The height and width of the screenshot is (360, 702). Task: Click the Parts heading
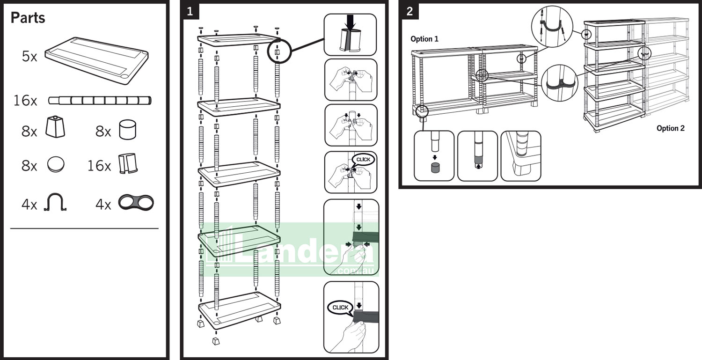(28, 18)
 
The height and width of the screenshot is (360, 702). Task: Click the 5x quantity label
(29, 56)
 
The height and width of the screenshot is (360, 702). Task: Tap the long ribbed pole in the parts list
(100, 100)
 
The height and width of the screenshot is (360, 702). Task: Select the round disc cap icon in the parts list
(56, 165)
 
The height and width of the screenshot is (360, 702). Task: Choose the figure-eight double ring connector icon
(136, 203)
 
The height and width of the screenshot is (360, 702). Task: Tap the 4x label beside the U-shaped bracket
(29, 205)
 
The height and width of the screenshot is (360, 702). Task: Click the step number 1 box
(190, 11)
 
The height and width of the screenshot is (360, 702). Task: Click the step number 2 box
(409, 11)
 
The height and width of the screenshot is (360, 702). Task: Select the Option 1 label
(424, 39)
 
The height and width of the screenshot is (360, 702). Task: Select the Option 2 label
(670, 128)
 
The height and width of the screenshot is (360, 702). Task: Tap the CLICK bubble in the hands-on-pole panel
(363, 159)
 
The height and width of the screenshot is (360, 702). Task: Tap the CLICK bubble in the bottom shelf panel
(340, 308)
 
